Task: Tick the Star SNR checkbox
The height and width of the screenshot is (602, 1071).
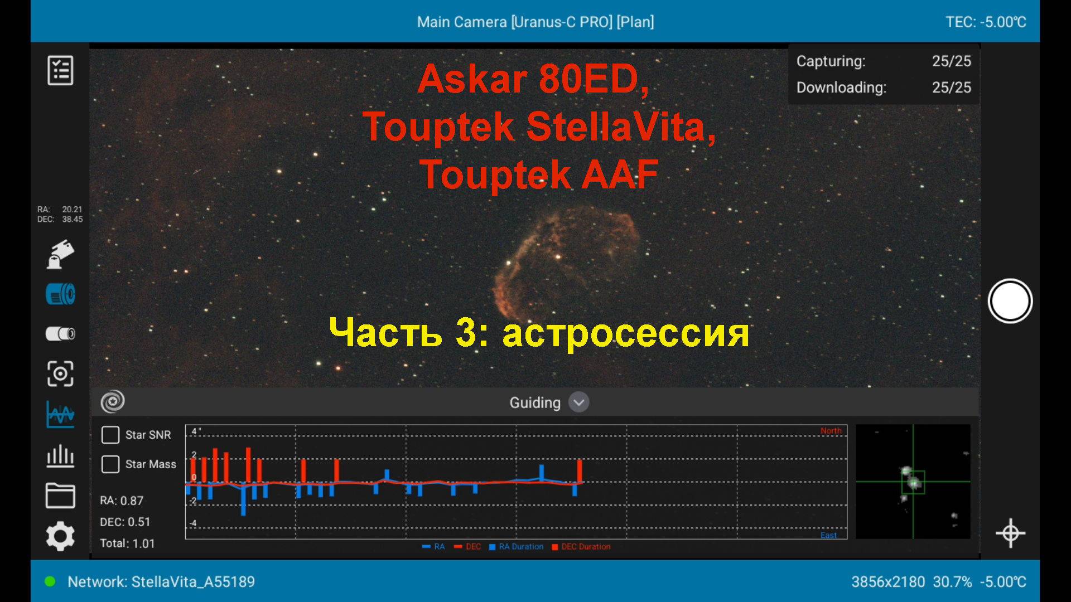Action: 110,435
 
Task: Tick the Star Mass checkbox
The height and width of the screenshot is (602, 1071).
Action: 110,464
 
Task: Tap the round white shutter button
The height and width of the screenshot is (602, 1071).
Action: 1010,302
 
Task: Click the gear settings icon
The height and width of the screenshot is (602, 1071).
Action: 60,536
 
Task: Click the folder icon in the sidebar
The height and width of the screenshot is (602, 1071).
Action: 60,496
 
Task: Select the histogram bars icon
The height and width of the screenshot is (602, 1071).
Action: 60,455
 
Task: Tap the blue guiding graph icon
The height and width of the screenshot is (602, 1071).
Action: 60,415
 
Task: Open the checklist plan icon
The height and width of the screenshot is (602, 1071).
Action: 60,70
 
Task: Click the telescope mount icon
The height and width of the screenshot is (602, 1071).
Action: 60,255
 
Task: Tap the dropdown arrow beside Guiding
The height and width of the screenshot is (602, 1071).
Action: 578,402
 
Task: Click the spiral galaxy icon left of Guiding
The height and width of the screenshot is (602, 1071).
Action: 113,401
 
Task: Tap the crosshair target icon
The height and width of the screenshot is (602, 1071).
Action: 1010,533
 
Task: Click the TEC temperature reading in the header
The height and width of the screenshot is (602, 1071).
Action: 986,22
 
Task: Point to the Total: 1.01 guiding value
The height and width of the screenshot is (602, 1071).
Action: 127,543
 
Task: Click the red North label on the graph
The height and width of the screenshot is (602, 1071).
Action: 831,431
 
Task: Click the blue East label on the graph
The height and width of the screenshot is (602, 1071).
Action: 828,535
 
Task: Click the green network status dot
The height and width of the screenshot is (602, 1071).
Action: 50,582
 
